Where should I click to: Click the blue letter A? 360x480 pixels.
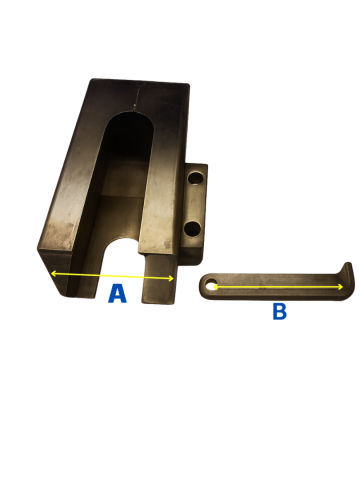(117, 294)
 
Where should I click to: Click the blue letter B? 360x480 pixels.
(280, 312)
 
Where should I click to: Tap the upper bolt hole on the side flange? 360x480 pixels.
(195, 177)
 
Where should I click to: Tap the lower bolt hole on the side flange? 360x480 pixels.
(193, 228)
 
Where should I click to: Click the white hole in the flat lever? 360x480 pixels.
(210, 286)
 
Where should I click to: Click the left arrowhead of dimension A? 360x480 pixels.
(53, 274)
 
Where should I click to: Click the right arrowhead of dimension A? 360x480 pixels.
(171, 278)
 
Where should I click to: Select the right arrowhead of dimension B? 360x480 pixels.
(340, 287)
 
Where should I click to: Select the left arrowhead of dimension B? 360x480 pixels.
(216, 287)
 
